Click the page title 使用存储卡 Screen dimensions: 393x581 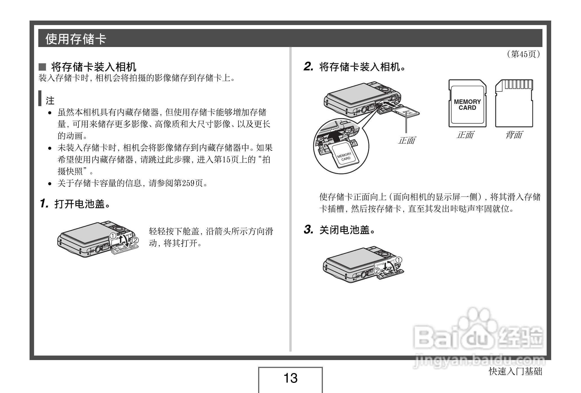(75, 39)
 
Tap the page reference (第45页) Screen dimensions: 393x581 (523, 54)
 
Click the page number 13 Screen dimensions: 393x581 (290, 378)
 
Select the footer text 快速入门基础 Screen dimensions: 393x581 (515, 372)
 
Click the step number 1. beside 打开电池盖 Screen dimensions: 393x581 (44, 203)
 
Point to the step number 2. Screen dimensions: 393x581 (308, 67)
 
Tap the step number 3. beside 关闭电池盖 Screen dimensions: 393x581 (308, 230)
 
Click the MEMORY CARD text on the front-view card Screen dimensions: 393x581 (467, 105)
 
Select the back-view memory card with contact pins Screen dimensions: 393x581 (514, 103)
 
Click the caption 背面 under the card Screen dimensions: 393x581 (514, 135)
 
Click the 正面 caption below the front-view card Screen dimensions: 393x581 (465, 135)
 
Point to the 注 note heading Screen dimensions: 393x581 (50, 101)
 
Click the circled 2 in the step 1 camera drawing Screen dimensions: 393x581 (135, 240)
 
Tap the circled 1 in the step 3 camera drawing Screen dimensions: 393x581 (399, 260)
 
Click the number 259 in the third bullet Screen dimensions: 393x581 (188, 183)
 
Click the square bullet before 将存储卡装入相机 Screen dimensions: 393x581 (42, 67)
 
